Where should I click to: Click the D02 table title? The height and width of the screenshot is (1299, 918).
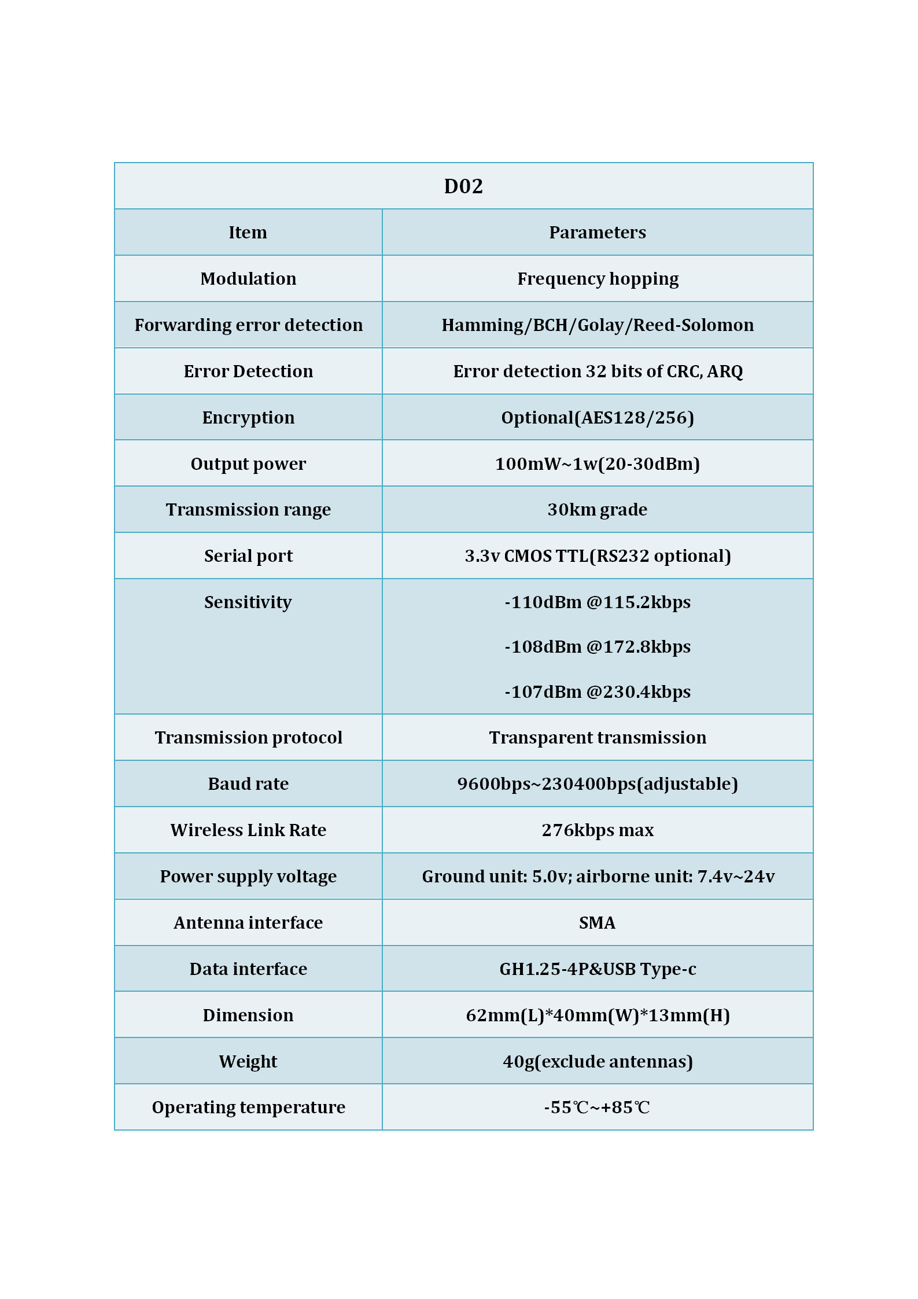coord(463,186)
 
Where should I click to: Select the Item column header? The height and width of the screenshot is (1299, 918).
coord(248,233)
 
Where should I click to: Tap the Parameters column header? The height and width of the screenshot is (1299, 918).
coord(597,233)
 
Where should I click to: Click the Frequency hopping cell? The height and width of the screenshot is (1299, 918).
coord(598,279)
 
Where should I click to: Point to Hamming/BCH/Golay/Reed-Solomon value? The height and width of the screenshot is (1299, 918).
coord(598,325)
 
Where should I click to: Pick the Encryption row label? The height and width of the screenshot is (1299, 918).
coord(248,418)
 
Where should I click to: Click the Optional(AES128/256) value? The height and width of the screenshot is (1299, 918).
coord(598,418)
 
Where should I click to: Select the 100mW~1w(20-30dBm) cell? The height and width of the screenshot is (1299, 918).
coord(598,464)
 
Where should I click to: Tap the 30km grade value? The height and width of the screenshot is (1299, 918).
coord(598,510)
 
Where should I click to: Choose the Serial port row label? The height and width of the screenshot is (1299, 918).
coord(248,556)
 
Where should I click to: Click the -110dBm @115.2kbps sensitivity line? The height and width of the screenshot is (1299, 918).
coord(598,602)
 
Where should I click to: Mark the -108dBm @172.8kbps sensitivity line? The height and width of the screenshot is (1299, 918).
coord(598,647)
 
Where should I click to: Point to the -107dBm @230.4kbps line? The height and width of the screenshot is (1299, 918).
coord(598,692)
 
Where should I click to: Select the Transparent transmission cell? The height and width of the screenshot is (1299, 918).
coord(598,738)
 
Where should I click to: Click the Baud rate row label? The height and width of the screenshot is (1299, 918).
coord(248,784)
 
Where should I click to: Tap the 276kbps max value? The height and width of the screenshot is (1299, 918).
coord(598,830)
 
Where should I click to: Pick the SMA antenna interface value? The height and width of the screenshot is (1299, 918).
coord(597,923)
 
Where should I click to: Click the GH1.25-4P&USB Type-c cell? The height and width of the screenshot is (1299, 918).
coord(598,969)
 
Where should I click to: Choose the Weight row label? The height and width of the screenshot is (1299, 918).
coord(248,1062)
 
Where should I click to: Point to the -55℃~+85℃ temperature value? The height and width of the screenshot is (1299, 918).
coord(597,1107)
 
